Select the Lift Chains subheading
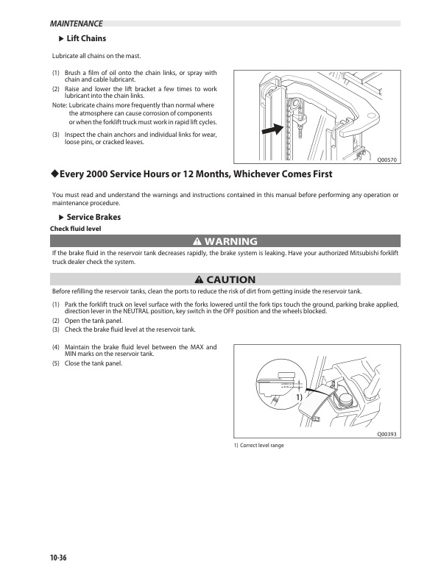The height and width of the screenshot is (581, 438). click(x=86, y=38)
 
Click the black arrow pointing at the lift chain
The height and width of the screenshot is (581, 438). click(x=272, y=129)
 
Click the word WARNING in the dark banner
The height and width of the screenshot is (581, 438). click(x=230, y=241)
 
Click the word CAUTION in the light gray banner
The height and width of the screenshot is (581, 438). click(x=231, y=279)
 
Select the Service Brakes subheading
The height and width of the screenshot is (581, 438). click(x=93, y=218)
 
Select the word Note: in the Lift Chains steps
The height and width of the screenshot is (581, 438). click(x=60, y=105)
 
